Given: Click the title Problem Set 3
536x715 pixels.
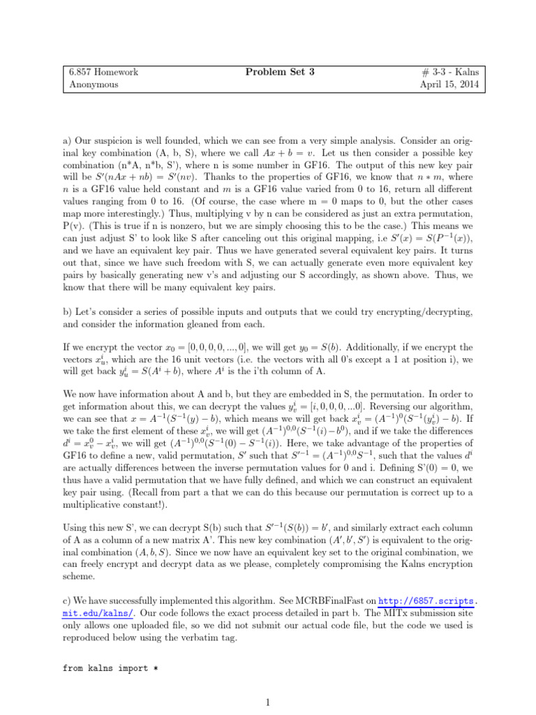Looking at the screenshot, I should [x=269, y=72].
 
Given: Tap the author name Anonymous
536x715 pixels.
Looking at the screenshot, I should [x=94, y=84].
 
